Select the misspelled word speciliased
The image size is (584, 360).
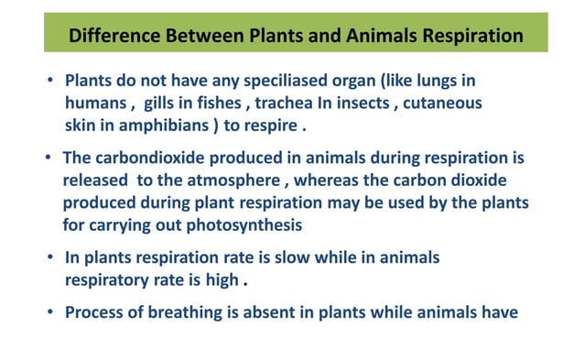[x=270, y=82]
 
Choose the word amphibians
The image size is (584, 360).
[x=148, y=123]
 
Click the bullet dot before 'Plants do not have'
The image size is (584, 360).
[x=51, y=82]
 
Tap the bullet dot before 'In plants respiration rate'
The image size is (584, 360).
[x=51, y=258]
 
